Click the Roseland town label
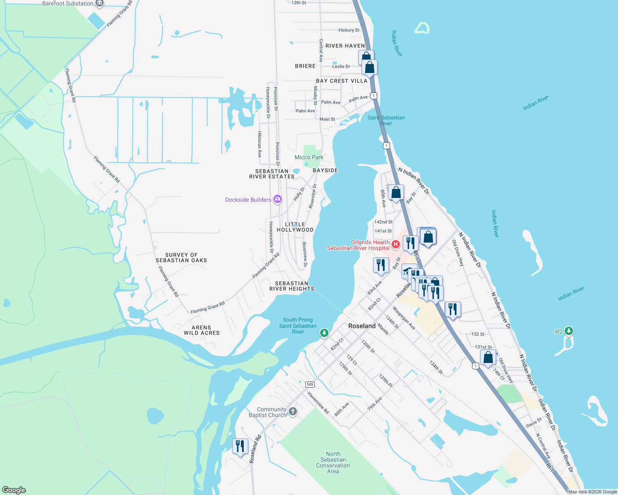pos(362,326)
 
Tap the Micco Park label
pos(309,157)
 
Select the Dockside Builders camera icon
pos(278,200)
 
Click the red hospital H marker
pos(396,245)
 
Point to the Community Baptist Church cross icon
pos(293,412)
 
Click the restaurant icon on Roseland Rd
pos(240,446)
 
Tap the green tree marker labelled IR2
pos(569,331)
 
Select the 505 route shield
pos(310,384)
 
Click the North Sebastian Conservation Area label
pos(333,462)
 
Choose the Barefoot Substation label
pos(68,3)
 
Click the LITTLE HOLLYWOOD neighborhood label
pos(295,227)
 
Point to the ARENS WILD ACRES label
pos(202,330)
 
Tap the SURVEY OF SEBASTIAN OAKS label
pos(181,258)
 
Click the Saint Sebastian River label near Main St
pos(386,120)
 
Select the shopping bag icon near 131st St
pos(488,358)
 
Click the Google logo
pos(14,490)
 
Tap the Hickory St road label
pos(349,30)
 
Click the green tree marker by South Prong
pos(324,333)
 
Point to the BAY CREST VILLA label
pos(342,81)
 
